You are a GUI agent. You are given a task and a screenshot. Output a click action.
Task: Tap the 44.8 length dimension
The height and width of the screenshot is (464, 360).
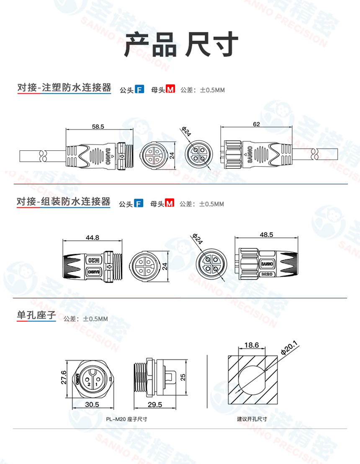tap(92, 237)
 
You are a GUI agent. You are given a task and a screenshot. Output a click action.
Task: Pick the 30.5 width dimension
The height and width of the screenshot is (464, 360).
tap(92, 405)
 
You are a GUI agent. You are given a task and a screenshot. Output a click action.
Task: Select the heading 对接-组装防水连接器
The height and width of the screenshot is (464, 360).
tap(64, 202)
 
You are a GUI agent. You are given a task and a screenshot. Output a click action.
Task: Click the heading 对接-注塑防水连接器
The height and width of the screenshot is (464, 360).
tap(64, 88)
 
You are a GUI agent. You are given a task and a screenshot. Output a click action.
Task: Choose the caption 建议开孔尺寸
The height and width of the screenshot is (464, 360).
tap(252, 418)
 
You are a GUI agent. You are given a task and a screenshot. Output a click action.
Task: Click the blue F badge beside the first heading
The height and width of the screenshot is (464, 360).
tap(139, 89)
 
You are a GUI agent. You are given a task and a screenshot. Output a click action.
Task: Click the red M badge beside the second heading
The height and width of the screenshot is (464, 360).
tap(170, 204)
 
